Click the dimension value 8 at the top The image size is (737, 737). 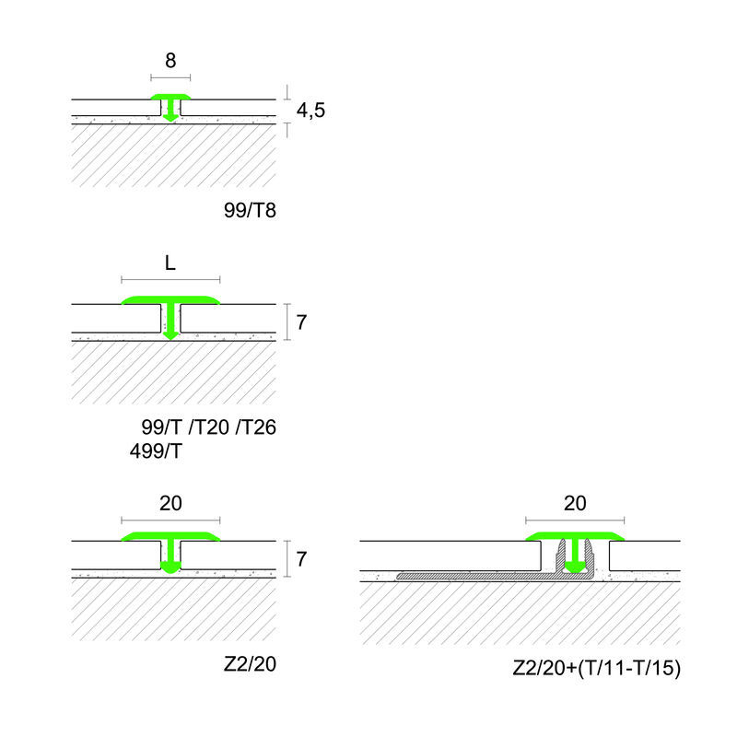click(170, 62)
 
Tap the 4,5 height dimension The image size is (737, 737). click(310, 111)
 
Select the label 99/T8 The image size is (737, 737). click(250, 211)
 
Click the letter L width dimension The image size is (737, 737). click(170, 263)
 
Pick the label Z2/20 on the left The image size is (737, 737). click(250, 665)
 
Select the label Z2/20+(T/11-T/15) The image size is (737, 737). click(596, 669)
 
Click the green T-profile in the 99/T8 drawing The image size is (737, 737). click(170, 99)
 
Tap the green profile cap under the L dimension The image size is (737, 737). click(170, 300)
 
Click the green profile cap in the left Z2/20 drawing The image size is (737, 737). click(170, 536)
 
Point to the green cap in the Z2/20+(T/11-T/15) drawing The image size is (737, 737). click(575, 536)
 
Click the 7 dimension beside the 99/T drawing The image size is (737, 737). click(300, 322)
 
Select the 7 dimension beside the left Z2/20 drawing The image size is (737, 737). click(300, 558)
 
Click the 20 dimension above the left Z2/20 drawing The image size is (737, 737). click(170, 503)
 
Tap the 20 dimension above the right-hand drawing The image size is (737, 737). click(575, 503)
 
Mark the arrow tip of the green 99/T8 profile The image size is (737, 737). click(170, 117)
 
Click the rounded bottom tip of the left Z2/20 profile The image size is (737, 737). click(170, 569)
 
